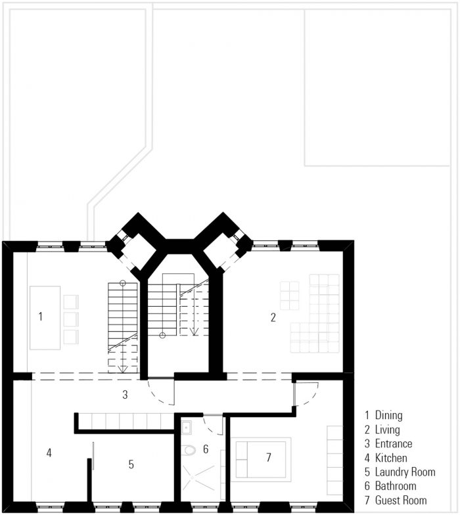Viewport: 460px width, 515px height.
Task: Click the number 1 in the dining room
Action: pos(41,317)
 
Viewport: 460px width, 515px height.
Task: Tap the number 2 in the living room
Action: pos(273,317)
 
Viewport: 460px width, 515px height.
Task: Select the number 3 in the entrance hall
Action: pos(125,394)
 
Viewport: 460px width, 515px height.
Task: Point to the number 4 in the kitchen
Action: pos(49,453)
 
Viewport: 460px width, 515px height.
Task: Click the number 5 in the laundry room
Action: pos(131,464)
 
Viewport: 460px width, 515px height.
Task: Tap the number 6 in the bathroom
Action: pos(206,449)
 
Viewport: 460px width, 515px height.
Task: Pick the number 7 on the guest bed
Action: pos(269,457)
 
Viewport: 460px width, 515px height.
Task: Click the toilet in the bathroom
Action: pos(189,449)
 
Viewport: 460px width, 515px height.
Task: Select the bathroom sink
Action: pos(187,428)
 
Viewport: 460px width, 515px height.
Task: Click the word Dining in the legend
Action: pos(389,415)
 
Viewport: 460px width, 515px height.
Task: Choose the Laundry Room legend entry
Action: pos(400,472)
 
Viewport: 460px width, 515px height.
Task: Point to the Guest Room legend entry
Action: pos(396,501)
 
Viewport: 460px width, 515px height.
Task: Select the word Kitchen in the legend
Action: pos(391,458)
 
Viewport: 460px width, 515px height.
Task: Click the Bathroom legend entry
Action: pos(390,486)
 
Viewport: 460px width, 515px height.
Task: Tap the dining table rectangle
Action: pos(45,318)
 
